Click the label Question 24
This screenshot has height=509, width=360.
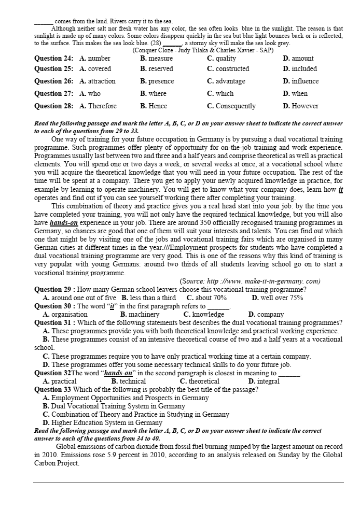click(x=53, y=59)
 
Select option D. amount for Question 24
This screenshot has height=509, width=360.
click(x=298, y=59)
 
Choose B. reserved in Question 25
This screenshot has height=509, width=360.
click(x=158, y=68)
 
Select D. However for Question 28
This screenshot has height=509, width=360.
click(x=300, y=106)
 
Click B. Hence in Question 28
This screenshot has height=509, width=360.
click(x=154, y=106)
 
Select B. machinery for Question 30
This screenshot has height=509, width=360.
click(x=140, y=314)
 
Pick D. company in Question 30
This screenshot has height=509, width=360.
click(x=266, y=314)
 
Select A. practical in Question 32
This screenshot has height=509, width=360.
click(x=60, y=381)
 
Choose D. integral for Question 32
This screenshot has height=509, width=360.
click(x=264, y=381)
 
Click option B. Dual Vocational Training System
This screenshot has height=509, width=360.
click(x=114, y=406)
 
